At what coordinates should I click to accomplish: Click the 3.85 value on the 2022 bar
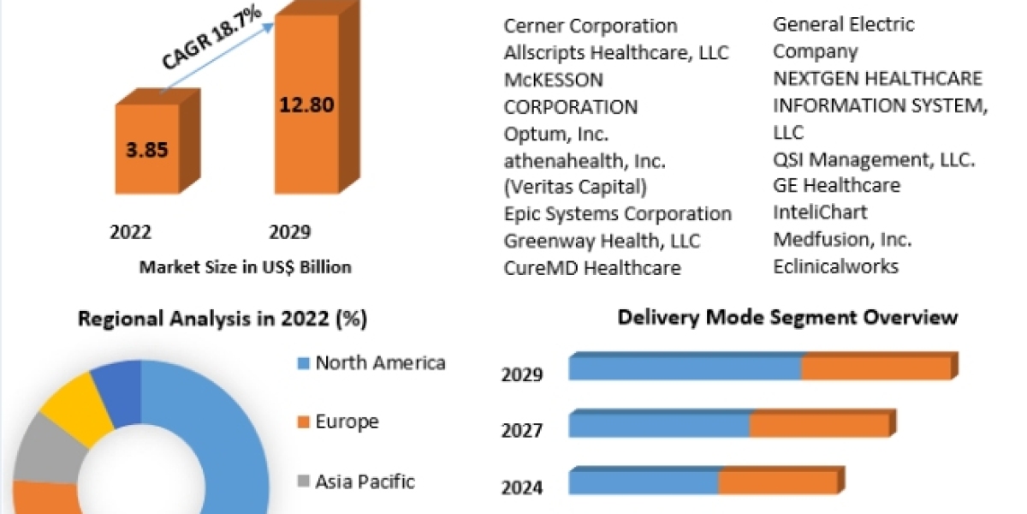click(148, 150)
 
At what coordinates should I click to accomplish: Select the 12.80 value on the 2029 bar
click(306, 105)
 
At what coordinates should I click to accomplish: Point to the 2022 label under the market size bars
click(131, 232)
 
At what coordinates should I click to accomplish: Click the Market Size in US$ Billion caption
click(245, 267)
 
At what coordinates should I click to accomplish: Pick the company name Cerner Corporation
click(591, 26)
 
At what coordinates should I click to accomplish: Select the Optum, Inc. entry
click(556, 134)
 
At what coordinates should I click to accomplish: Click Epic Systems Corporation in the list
click(617, 213)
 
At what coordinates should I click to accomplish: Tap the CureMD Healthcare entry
click(592, 268)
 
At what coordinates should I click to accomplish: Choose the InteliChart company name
click(820, 212)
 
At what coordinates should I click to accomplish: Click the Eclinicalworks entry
click(835, 266)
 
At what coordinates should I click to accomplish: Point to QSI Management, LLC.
click(874, 159)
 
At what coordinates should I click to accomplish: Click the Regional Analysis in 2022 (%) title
click(223, 320)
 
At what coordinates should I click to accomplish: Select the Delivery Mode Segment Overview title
click(787, 318)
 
